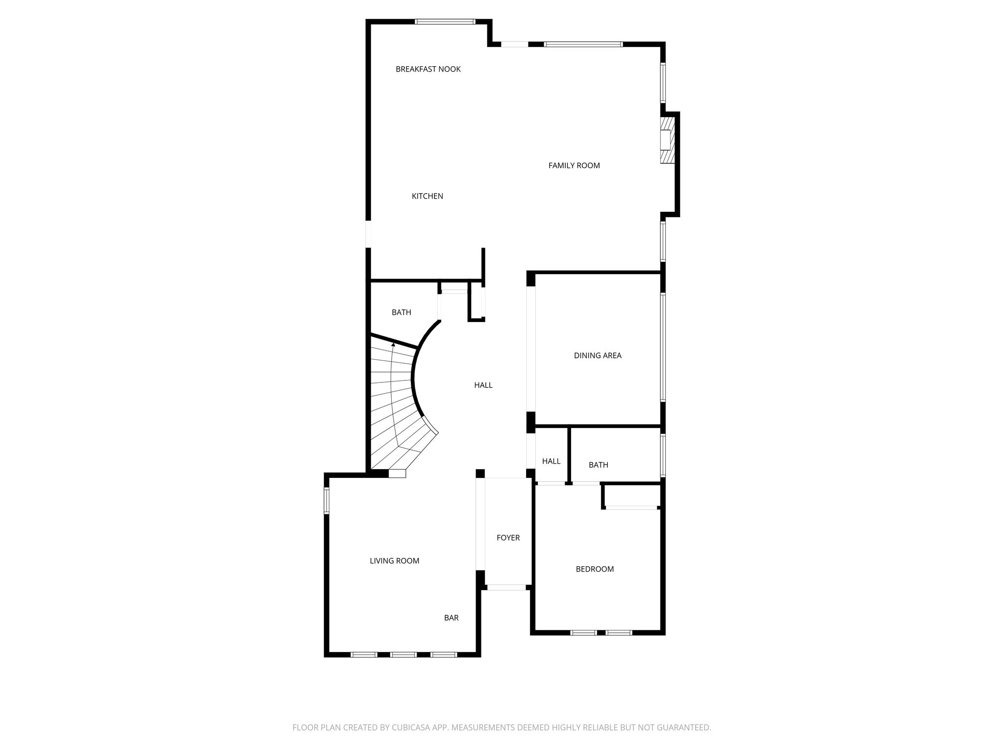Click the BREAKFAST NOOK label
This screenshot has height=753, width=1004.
pyautogui.click(x=428, y=69)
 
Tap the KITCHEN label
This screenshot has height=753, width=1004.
pyautogui.click(x=427, y=196)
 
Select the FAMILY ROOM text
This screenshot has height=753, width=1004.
pyautogui.click(x=574, y=166)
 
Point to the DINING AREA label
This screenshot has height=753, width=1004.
pyautogui.click(x=598, y=355)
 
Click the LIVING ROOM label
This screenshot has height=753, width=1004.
pyautogui.click(x=395, y=561)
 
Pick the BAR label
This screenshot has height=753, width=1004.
pyautogui.click(x=452, y=618)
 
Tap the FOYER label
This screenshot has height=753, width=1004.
pyautogui.click(x=508, y=538)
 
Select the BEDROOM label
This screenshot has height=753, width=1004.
pyautogui.click(x=595, y=569)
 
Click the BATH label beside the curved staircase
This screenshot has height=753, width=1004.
pyautogui.click(x=402, y=312)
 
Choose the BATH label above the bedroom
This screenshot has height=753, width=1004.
pyautogui.click(x=599, y=465)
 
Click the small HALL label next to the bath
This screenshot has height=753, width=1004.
pyautogui.click(x=551, y=461)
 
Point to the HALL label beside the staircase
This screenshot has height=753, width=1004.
pyautogui.click(x=483, y=385)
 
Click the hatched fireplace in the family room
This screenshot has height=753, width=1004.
pyautogui.click(x=667, y=140)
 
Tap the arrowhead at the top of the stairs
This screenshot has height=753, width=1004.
pyautogui.click(x=393, y=345)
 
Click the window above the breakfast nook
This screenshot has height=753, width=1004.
pyautogui.click(x=445, y=22)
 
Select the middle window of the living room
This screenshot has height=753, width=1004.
pyautogui.click(x=403, y=654)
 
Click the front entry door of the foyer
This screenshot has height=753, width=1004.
pyautogui.click(x=506, y=587)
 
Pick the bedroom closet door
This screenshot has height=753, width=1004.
pyautogui.click(x=631, y=508)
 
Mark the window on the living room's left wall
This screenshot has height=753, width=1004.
pyautogui.click(x=326, y=501)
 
